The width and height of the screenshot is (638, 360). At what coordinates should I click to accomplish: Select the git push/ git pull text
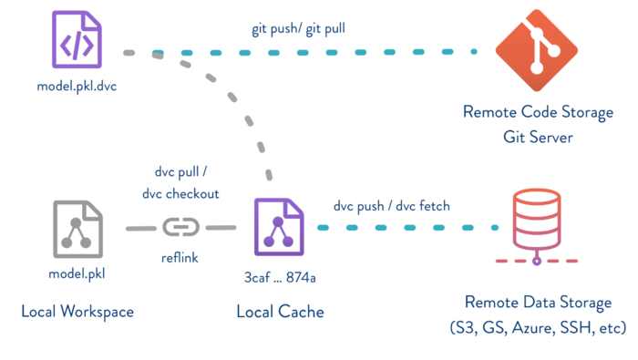click(x=298, y=29)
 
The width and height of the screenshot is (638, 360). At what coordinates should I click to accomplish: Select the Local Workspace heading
click(x=77, y=312)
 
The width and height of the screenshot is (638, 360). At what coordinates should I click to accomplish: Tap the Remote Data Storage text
click(x=536, y=303)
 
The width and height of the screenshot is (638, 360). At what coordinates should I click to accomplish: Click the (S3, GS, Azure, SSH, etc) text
click(x=536, y=326)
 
